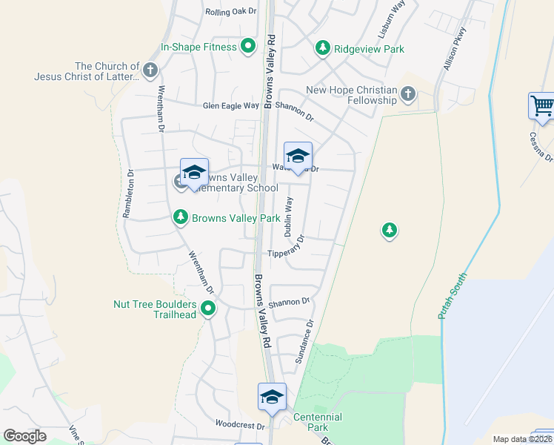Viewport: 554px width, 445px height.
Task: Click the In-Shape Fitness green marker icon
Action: coord(249,47)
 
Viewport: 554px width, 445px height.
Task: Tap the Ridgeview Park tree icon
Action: coord(323,48)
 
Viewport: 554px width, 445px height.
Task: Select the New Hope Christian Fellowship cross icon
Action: coord(408,94)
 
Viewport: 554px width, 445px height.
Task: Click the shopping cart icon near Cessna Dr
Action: coord(542,105)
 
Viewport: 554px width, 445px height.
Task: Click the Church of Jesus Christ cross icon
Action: coord(150,70)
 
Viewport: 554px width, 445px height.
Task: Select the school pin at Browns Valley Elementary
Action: coord(194,173)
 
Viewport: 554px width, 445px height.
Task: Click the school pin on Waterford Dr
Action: coord(298,156)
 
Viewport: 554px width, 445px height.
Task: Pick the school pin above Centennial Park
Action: coord(272,397)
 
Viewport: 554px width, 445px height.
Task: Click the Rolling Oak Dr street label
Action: coord(230,11)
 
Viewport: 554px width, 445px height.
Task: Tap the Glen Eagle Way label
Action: coord(231,106)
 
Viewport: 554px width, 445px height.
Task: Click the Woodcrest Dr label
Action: coord(239,426)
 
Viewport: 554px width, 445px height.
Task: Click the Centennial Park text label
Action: coord(318,423)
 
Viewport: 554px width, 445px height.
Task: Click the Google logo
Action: coord(25,436)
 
